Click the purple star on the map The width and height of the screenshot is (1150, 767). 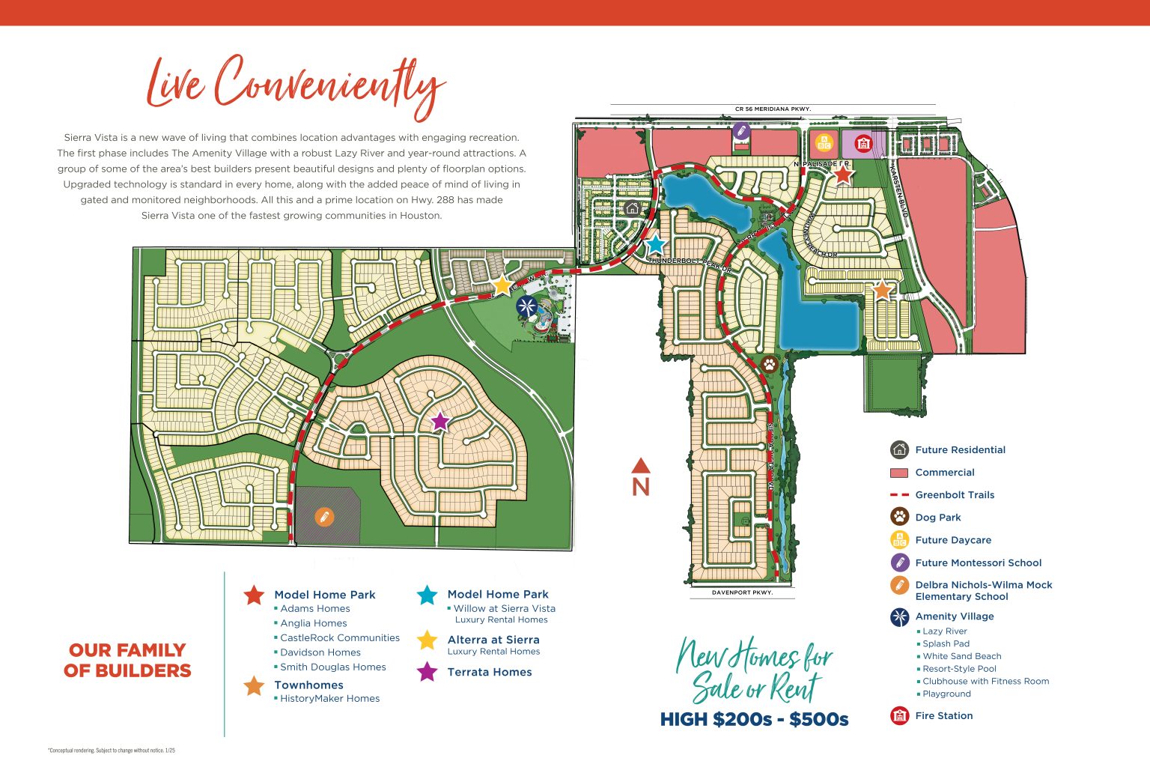(440, 421)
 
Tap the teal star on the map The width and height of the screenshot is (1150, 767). (655, 244)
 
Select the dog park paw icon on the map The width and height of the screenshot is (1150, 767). (769, 365)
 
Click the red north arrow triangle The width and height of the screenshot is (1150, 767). (641, 466)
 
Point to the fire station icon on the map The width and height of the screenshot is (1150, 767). (863, 142)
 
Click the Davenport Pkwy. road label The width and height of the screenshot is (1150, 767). (742, 592)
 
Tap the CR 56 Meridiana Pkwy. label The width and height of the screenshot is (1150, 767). (773, 109)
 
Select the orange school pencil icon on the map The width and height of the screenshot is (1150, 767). (324, 517)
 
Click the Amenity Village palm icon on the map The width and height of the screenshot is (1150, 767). (526, 306)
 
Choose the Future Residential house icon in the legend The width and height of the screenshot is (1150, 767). (899, 449)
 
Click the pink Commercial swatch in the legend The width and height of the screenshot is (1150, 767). (899, 473)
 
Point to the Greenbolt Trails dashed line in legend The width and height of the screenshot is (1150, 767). (899, 495)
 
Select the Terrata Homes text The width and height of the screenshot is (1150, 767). (490, 672)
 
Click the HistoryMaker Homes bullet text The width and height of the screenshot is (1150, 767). (329, 698)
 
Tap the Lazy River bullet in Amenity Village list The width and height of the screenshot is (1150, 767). (945, 631)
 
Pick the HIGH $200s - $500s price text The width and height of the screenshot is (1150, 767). (754, 720)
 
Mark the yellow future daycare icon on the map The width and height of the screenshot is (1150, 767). (824, 142)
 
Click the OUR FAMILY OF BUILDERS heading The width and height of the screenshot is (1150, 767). (127, 660)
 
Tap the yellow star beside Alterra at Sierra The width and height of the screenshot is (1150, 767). (427, 640)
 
